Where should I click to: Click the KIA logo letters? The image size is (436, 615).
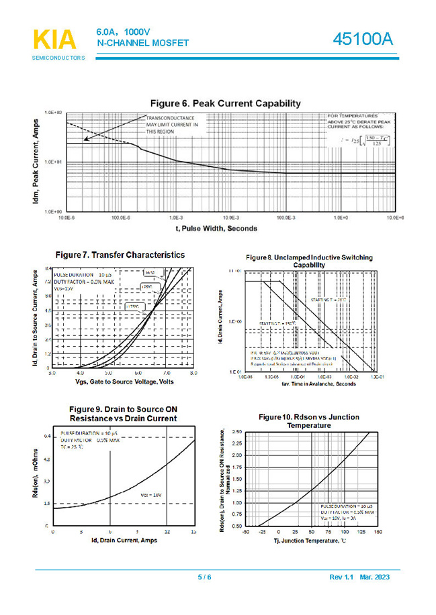[x=54, y=40]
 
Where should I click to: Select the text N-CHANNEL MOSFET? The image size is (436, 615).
[x=142, y=43]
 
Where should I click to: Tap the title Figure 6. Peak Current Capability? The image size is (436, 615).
[x=225, y=103]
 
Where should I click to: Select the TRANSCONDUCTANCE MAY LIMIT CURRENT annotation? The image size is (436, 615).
[x=173, y=124]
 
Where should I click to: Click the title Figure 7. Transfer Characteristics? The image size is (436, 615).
[x=120, y=256]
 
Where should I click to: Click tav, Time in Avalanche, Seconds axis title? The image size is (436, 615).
[x=309, y=384]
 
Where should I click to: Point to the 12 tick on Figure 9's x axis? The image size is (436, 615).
[x=167, y=531]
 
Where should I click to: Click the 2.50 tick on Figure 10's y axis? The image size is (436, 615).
[x=236, y=432]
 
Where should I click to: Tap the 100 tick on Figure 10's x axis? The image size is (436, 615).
[x=345, y=531]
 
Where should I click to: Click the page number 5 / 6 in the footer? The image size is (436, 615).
[x=204, y=578]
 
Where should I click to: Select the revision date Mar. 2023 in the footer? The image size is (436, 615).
[x=374, y=578]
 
